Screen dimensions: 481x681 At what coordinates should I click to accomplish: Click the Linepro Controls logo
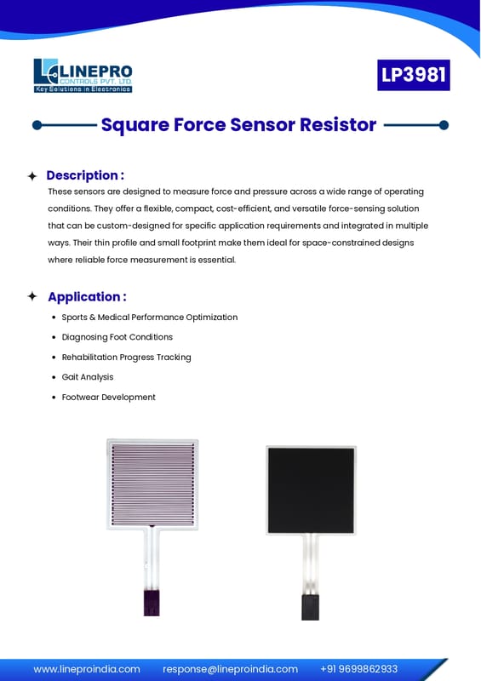pyautogui.click(x=83, y=76)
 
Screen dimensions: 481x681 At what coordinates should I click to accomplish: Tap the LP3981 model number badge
pyautogui.click(x=413, y=75)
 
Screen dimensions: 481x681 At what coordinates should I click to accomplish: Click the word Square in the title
pyautogui.click(x=135, y=125)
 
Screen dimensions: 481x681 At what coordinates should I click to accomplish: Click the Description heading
pyautogui.click(x=85, y=175)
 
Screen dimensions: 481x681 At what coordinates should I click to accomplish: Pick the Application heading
pyautogui.click(x=87, y=296)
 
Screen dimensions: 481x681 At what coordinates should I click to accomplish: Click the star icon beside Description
pyautogui.click(x=32, y=176)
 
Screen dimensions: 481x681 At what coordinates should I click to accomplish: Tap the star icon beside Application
pyautogui.click(x=32, y=296)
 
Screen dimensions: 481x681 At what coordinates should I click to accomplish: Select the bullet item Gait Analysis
pyautogui.click(x=88, y=377)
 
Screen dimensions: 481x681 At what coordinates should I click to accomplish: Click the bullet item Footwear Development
pyautogui.click(x=108, y=397)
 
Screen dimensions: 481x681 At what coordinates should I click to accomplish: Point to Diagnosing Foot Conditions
pyautogui.click(x=117, y=337)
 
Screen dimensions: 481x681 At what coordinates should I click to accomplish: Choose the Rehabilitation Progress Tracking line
pyautogui.click(x=126, y=357)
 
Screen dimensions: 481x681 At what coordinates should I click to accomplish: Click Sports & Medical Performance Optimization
pyautogui.click(x=150, y=317)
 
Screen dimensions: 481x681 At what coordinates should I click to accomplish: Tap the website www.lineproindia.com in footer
pyautogui.click(x=87, y=669)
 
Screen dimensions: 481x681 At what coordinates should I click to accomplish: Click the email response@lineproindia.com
pyautogui.click(x=231, y=669)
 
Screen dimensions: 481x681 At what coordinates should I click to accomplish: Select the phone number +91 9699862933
pyautogui.click(x=359, y=669)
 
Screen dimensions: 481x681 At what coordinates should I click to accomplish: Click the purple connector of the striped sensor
pyautogui.click(x=152, y=602)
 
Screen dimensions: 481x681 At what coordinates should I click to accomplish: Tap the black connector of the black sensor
pyautogui.click(x=310, y=607)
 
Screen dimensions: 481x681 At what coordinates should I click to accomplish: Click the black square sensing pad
pyautogui.click(x=311, y=490)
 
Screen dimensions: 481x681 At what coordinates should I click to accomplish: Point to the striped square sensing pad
pyautogui.click(x=153, y=484)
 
